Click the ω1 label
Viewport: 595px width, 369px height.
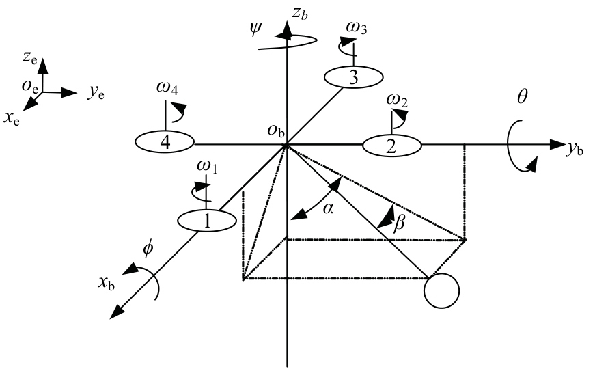[x=207, y=166]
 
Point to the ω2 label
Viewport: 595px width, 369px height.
[x=397, y=100]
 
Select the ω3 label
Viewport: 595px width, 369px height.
[x=357, y=28]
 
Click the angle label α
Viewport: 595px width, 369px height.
[x=328, y=207]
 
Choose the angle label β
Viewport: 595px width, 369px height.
[x=399, y=223]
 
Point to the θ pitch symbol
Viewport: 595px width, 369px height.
[x=522, y=97]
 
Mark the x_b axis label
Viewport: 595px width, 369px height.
[x=107, y=283]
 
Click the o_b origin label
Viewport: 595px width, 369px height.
[x=276, y=131]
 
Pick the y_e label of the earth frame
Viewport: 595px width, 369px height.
[x=96, y=93]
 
